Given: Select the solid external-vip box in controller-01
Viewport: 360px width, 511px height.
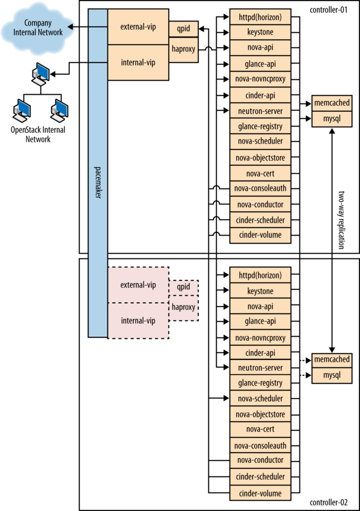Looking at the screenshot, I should [138, 27].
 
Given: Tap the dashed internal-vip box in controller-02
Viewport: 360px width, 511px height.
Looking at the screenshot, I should [138, 320].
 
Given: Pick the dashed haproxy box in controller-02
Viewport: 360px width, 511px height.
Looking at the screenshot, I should [183, 307].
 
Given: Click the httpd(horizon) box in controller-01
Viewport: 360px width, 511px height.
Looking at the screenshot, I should [261, 16].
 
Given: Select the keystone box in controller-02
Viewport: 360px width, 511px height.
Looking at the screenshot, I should [261, 291].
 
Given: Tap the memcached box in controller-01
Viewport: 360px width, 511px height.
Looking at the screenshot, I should [331, 103].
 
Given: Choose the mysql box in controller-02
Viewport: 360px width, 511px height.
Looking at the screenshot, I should [331, 375].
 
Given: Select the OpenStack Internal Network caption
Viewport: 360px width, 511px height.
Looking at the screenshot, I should [38, 134].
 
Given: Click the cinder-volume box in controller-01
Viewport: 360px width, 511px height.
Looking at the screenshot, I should [261, 235].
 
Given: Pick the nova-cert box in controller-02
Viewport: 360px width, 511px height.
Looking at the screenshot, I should [261, 430].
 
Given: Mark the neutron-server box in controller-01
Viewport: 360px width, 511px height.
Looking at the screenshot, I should [261, 110].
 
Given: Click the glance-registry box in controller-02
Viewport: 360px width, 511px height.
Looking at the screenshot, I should [261, 383].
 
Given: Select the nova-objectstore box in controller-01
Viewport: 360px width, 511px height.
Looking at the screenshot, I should [261, 157].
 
